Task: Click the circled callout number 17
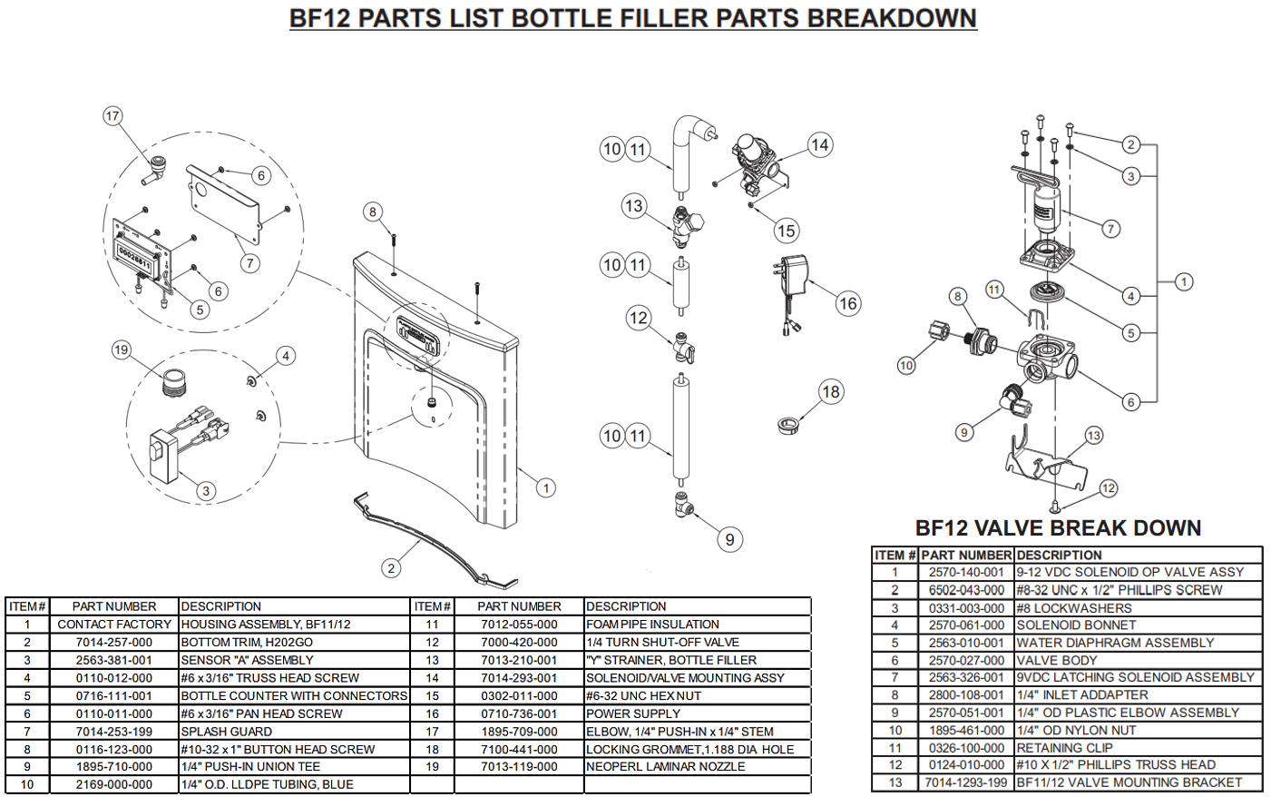click(112, 116)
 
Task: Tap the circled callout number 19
click(122, 350)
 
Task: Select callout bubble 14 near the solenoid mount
click(820, 145)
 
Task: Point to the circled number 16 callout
click(848, 304)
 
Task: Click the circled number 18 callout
click(831, 392)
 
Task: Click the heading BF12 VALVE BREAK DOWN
click(1058, 528)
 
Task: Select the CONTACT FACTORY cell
click(114, 625)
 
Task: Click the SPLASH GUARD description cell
click(227, 732)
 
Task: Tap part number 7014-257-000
click(114, 643)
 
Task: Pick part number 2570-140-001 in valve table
click(966, 573)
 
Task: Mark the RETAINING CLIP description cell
click(1064, 748)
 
